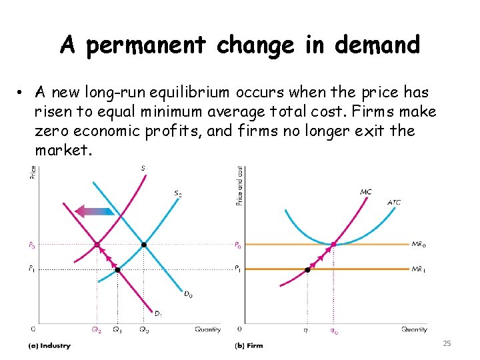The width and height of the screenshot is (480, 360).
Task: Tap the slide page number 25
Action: click(447, 343)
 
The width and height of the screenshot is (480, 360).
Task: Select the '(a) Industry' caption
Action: click(48, 345)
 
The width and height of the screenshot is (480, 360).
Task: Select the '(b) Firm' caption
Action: click(249, 345)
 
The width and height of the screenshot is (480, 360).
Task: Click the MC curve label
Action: click(366, 192)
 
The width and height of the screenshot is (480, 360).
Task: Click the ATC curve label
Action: click(394, 202)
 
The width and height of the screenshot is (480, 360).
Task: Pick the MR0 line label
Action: click(419, 245)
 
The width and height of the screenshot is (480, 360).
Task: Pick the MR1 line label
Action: click(419, 269)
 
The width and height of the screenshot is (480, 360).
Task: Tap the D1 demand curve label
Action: click(159, 313)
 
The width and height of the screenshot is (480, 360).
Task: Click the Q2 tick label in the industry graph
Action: click(97, 329)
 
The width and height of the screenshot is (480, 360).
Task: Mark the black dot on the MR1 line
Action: click(308, 270)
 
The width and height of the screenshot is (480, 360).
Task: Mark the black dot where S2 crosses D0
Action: click(144, 245)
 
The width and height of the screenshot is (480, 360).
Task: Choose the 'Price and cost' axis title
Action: click(239, 185)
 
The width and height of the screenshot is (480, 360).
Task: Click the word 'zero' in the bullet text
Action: click(51, 131)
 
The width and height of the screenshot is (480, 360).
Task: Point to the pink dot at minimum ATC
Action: click(333, 245)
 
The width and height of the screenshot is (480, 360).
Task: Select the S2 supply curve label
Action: click(177, 194)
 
